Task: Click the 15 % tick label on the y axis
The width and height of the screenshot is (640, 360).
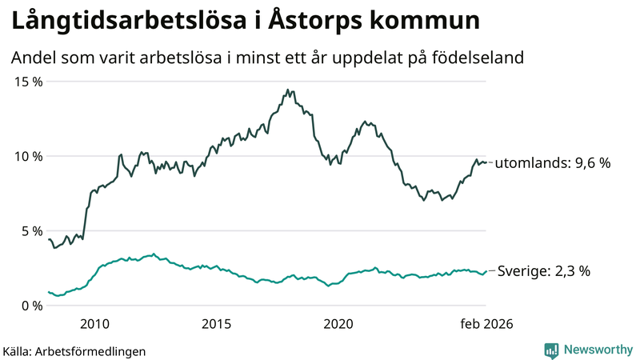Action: tap(26, 82)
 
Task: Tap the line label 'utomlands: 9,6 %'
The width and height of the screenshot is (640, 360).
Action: tap(553, 162)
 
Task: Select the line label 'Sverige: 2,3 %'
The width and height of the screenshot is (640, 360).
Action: tap(544, 271)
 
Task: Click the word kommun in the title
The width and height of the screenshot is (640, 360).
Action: tap(437, 22)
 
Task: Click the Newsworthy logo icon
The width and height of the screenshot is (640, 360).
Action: tap(551, 350)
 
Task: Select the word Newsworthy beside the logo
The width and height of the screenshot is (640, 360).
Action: tap(598, 350)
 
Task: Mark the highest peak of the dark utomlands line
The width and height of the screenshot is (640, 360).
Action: tap(287, 90)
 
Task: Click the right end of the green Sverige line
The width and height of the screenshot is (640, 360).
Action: tap(486, 271)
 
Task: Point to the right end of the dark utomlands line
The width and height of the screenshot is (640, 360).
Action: tap(486, 162)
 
